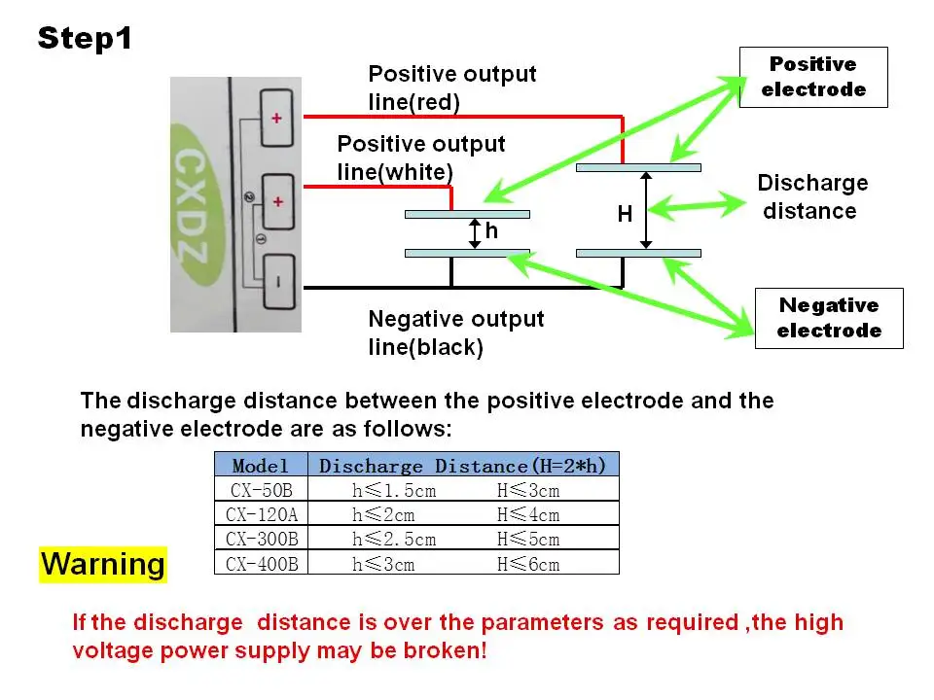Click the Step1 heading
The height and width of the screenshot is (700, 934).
click(85, 38)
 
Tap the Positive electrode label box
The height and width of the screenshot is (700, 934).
click(813, 78)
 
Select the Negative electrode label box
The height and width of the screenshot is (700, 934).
click(829, 319)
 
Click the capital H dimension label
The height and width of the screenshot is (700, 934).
click(625, 214)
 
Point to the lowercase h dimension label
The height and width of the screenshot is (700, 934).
click(490, 230)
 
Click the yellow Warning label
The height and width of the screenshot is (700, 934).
click(103, 564)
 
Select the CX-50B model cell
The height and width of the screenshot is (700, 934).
click(261, 490)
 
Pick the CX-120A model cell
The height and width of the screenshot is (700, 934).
click(261, 513)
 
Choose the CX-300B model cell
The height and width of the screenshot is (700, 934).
click(261, 539)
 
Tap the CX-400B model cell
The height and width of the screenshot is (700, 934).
click(261, 563)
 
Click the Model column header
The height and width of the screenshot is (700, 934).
click(261, 465)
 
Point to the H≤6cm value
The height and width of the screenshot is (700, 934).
click(528, 564)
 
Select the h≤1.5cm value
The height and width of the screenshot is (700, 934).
click(394, 490)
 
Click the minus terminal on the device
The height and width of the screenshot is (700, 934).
click(279, 282)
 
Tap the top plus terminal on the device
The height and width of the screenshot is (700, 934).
click(277, 118)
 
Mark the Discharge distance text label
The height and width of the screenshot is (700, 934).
click(811, 197)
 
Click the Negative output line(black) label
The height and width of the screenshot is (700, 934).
click(455, 332)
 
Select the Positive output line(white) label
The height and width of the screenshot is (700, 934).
click(420, 157)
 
